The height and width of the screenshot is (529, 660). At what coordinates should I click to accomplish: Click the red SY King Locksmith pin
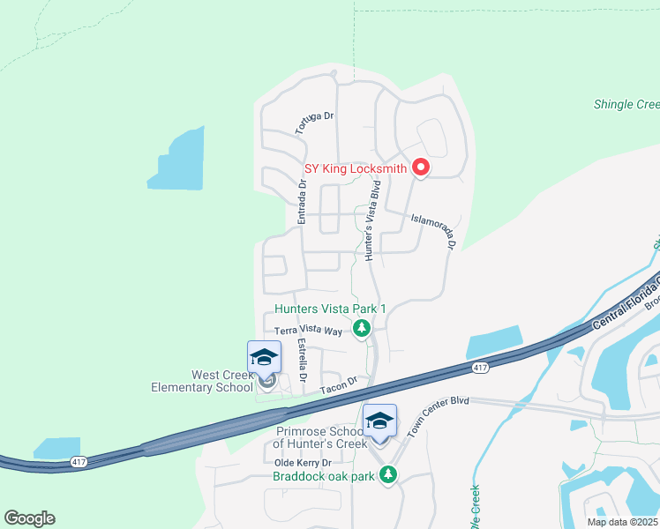(421, 167)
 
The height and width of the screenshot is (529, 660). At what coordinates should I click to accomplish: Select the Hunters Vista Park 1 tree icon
(361, 329)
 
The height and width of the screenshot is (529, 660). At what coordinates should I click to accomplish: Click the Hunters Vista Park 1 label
(331, 309)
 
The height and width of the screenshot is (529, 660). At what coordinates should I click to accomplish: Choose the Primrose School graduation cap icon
(380, 421)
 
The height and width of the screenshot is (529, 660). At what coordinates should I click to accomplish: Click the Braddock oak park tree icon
(387, 476)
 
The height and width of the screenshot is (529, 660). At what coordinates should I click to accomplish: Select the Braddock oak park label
(325, 476)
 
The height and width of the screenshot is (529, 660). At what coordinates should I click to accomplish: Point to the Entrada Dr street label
(301, 202)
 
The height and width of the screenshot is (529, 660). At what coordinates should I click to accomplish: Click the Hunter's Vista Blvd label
(373, 220)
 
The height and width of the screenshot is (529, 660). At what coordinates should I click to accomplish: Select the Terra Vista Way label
(308, 332)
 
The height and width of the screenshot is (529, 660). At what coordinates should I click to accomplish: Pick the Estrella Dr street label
(303, 360)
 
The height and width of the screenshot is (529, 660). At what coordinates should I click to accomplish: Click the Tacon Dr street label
(338, 383)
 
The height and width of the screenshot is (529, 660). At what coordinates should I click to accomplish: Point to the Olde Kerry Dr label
(302, 462)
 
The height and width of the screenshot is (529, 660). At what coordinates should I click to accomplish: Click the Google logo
(29, 518)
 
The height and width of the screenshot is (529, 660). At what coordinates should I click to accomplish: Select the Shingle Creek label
(626, 105)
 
